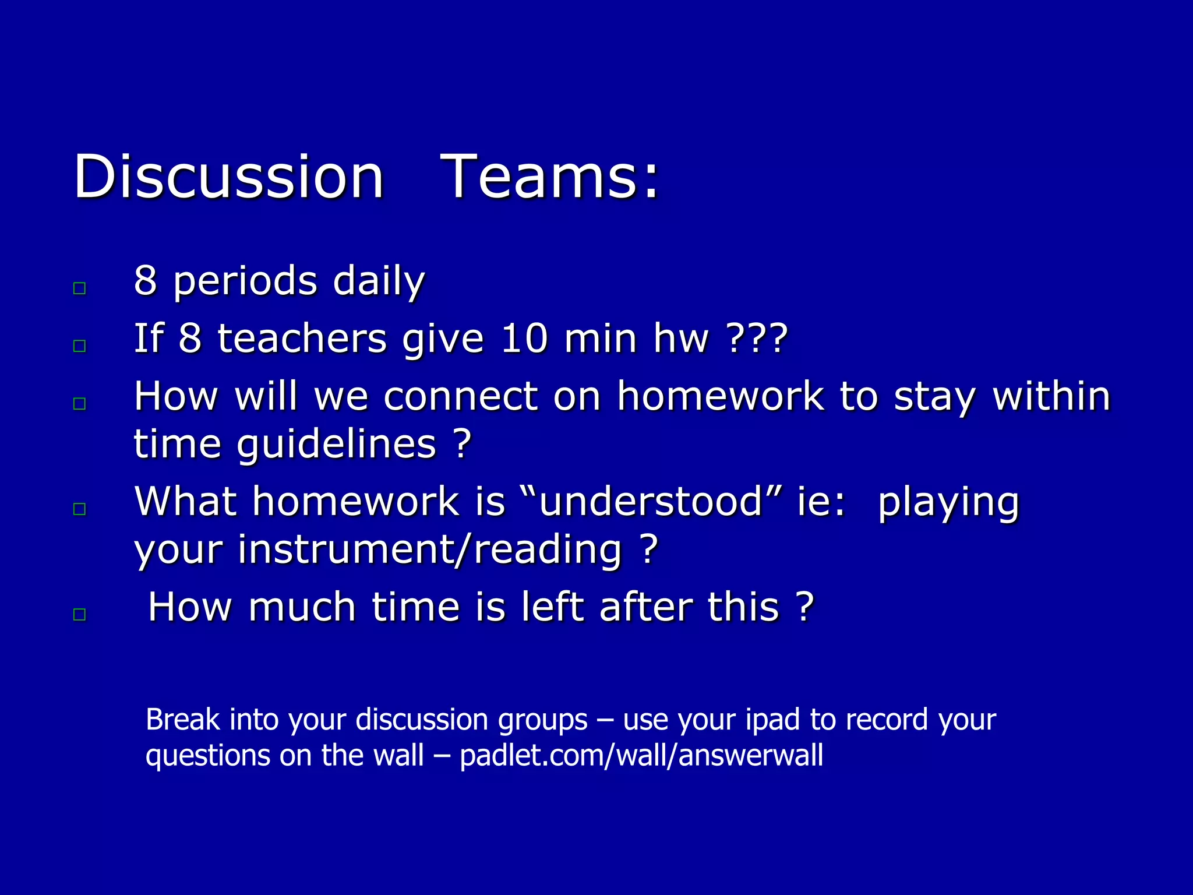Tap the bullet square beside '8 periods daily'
click(80, 288)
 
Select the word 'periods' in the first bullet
click(245, 281)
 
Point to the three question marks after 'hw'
click(757, 339)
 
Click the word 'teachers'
click(302, 339)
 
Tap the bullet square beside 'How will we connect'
click(80, 404)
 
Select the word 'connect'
click(460, 397)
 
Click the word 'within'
click(1051, 397)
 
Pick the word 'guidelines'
click(336, 445)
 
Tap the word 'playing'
click(948, 503)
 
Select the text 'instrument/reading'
click(430, 550)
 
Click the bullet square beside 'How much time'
click(80, 614)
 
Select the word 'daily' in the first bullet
click(379, 281)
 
